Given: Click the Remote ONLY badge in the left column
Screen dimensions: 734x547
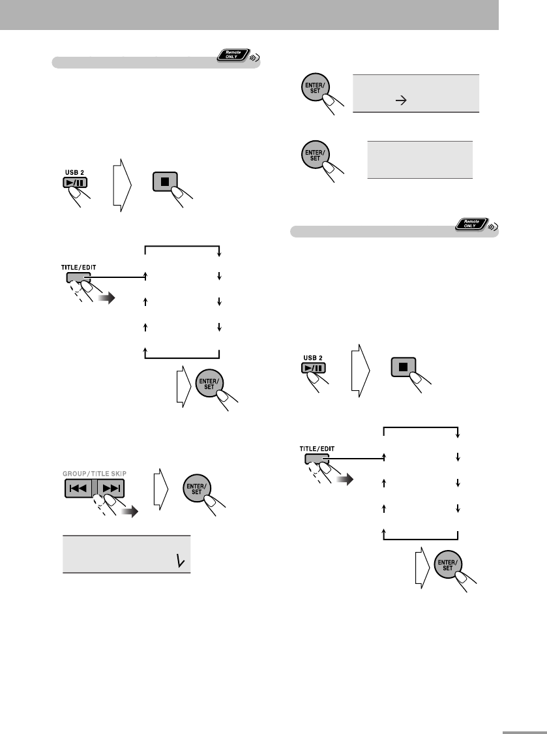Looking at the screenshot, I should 232,57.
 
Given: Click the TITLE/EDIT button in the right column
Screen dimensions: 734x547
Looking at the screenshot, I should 315,459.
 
